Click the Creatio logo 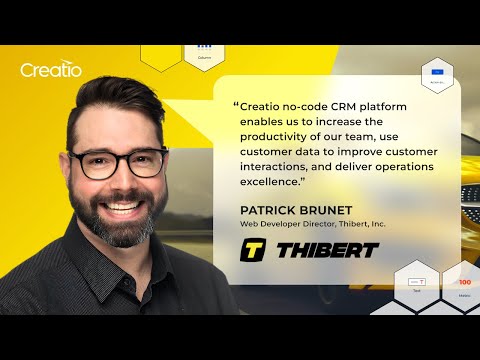50,70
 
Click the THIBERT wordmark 327,248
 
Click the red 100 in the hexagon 465,283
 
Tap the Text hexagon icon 416,284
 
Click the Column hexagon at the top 205,50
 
